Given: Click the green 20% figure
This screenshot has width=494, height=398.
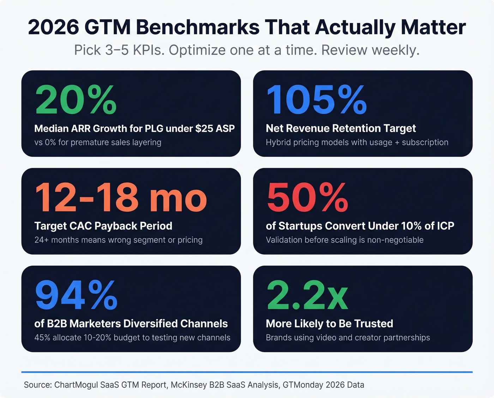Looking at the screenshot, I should (76, 100).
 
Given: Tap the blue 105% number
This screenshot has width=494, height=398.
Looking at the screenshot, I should (317, 100).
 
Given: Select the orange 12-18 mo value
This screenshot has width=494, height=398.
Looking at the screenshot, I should (121, 198).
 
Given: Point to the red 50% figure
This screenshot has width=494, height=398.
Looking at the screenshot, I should (307, 198).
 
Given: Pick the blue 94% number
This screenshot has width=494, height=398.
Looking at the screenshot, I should (76, 295).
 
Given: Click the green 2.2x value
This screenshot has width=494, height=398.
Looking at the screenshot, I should (307, 295).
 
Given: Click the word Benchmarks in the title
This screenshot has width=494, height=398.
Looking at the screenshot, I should (198, 27).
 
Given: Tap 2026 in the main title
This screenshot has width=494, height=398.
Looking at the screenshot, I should (53, 27).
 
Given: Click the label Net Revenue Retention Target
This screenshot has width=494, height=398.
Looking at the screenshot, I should (341, 128).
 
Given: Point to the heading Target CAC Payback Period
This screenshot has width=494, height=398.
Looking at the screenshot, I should (103, 226).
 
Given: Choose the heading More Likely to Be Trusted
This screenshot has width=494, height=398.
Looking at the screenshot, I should (329, 323).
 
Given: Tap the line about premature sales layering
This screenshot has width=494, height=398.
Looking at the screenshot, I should (98, 142).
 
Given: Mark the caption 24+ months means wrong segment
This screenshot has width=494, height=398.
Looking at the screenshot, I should (118, 240).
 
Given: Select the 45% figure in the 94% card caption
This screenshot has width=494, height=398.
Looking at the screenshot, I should (42, 338).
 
